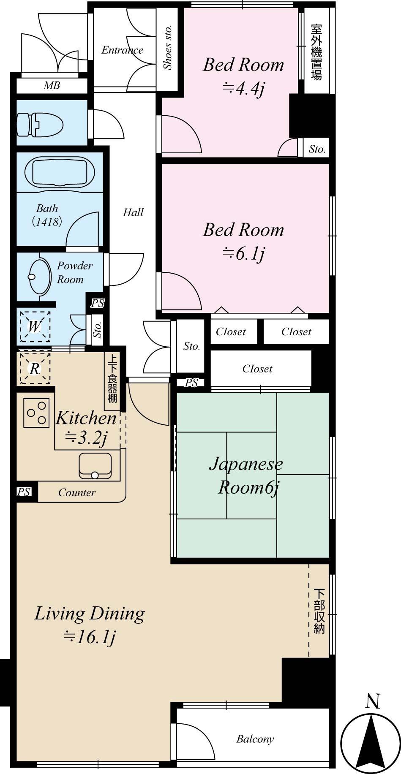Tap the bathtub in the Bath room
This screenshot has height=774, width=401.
tap(59, 172)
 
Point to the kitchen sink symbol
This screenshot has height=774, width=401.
tap(95, 466)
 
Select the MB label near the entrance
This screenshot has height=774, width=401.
tap(52, 86)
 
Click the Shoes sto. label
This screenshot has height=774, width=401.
tap(168, 47)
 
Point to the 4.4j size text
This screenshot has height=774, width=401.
tap(243, 89)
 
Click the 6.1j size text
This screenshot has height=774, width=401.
tap(243, 254)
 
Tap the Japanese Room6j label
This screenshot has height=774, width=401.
tap(246, 475)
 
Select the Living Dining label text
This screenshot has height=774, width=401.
tap(90, 614)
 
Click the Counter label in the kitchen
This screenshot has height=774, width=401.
tap(77, 492)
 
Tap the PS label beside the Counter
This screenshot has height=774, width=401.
tap(24, 492)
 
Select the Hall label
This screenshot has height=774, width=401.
tap(133, 212)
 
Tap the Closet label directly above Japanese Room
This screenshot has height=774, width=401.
tap(257, 369)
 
